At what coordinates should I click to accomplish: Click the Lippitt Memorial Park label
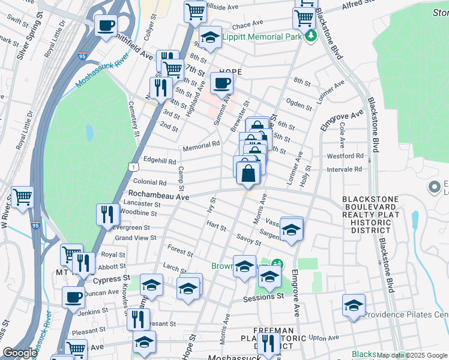pyautogui.click(x=262, y=37)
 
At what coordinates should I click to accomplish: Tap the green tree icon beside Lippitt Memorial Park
pyautogui.click(x=310, y=37)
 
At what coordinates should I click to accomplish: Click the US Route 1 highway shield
pyautogui.click(x=131, y=167)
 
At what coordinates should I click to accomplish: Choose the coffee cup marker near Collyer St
pyautogui.click(x=106, y=26)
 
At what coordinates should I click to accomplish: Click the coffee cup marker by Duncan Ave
pyautogui.click(x=74, y=296)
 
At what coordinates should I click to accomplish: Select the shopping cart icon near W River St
pyautogui.click(x=22, y=196)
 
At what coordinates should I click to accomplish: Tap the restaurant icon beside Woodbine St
pyautogui.click(x=107, y=214)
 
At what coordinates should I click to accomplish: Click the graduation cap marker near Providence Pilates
pyautogui.click(x=354, y=305)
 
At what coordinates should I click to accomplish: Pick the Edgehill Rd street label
pyautogui.click(x=160, y=161)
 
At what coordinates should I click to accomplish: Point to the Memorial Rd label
pyautogui.click(x=202, y=145)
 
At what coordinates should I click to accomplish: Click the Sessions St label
pyautogui.click(x=264, y=297)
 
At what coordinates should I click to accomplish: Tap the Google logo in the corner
pyautogui.click(x=20, y=353)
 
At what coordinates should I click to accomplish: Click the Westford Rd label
pyautogui.click(x=345, y=155)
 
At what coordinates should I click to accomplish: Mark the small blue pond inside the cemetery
pyautogui.click(x=89, y=132)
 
